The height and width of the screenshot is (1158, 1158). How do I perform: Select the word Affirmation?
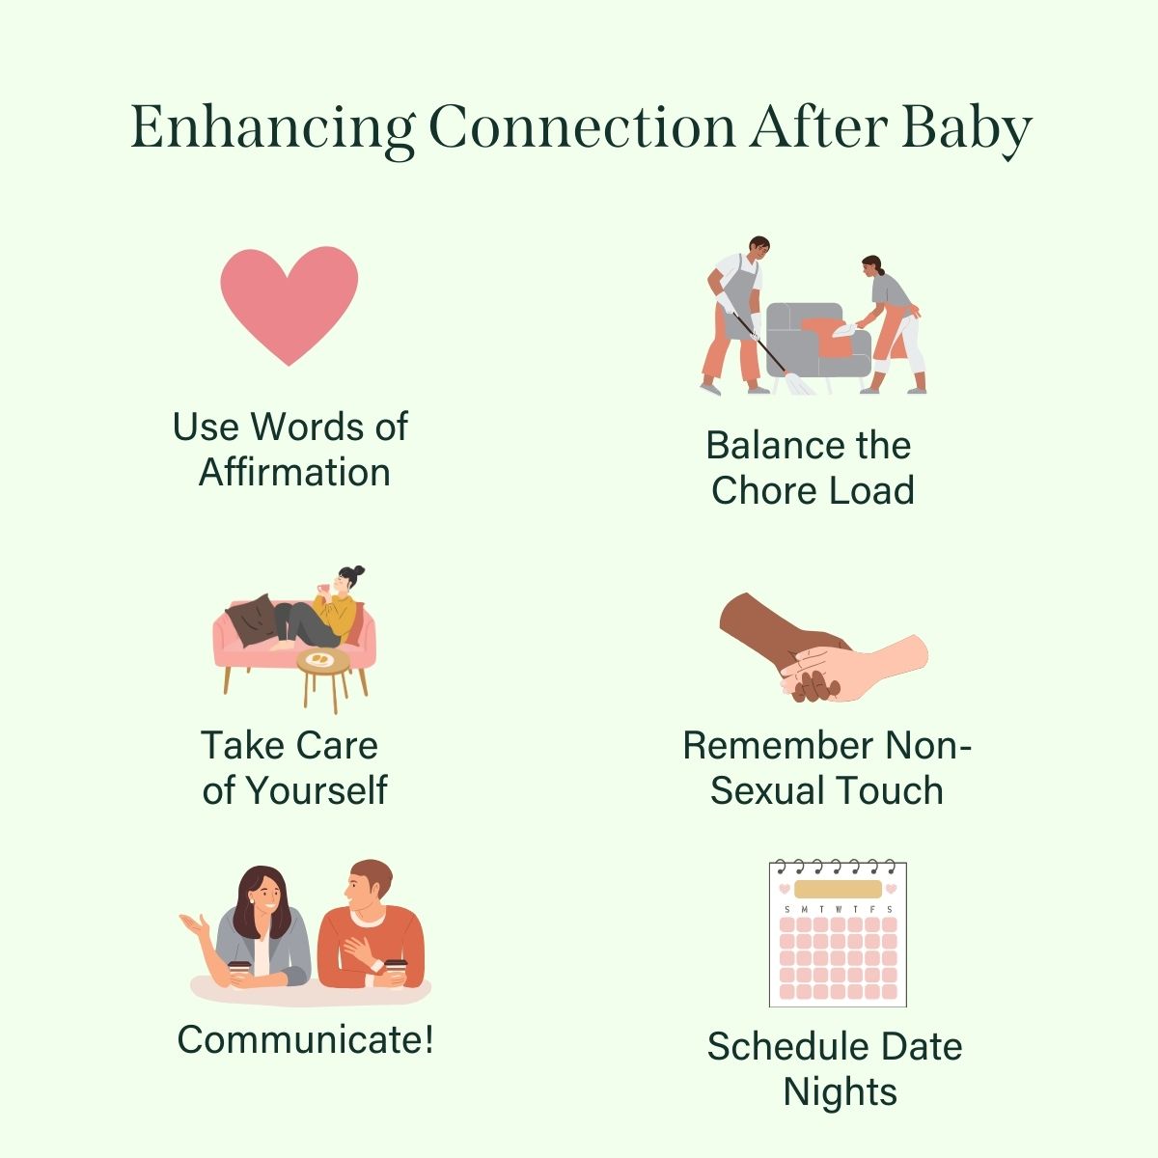294,473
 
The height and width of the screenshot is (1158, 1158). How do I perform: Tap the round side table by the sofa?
322,664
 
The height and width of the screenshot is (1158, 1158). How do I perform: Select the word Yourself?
316,790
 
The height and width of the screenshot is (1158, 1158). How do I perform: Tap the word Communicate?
305,1040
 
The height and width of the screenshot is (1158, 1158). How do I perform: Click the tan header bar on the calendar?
838,889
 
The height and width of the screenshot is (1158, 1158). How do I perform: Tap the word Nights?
840,1092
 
